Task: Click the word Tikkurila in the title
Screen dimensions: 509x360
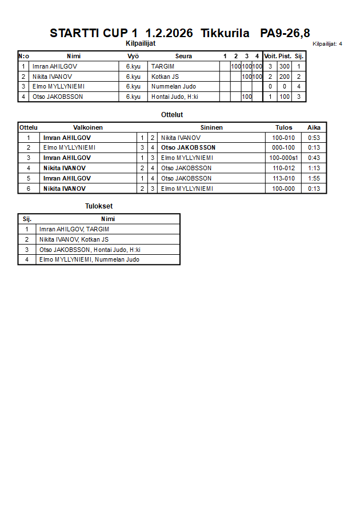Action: tap(225, 33)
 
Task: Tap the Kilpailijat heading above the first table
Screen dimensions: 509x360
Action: tap(141, 43)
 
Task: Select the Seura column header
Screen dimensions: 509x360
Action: tap(183, 56)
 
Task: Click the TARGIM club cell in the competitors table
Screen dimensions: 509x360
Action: tap(162, 66)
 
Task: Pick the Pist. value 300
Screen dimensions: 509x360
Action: tap(284, 66)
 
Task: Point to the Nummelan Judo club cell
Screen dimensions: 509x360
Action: tap(174, 87)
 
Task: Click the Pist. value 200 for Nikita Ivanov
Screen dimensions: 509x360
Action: tap(284, 77)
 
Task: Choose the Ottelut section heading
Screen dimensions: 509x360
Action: tap(172, 115)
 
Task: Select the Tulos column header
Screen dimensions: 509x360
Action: tap(283, 127)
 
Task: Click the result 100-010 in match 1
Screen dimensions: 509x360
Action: tap(283, 138)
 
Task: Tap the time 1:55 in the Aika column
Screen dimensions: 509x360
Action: tap(314, 178)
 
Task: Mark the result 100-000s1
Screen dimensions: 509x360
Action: tap(283, 158)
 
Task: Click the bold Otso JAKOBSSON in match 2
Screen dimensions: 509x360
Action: tap(188, 147)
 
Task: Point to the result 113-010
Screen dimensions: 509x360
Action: tap(283, 178)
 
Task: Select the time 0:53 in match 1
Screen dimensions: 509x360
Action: tap(314, 138)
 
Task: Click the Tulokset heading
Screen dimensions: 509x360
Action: tap(99, 206)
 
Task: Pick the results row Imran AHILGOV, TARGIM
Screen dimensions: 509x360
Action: tap(74, 229)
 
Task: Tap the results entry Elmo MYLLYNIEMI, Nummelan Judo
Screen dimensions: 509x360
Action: tap(89, 260)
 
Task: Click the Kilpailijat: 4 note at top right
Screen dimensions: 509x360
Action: tap(327, 44)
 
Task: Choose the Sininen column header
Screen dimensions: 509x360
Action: tap(211, 127)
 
